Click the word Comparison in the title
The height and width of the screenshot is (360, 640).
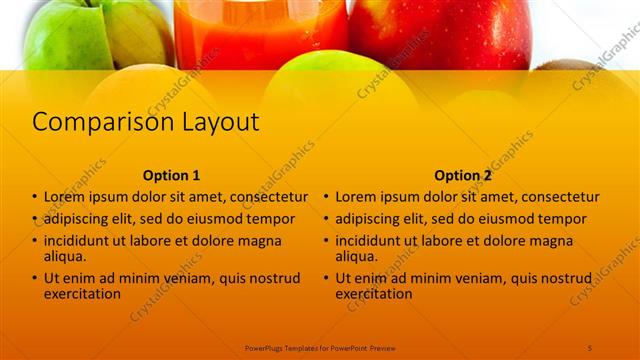pyautogui.click(x=88, y=123)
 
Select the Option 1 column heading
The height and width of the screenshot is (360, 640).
pyautogui.click(x=171, y=175)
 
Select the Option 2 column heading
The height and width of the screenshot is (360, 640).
pyautogui.click(x=462, y=175)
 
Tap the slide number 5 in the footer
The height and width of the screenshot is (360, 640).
pyautogui.click(x=590, y=347)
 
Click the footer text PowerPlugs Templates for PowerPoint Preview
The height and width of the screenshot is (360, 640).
pyautogui.click(x=320, y=347)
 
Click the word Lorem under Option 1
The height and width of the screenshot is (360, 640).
pyautogui.click(x=65, y=197)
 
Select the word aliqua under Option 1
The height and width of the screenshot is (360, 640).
pyautogui.click(x=64, y=256)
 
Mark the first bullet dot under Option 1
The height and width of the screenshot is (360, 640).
pyautogui.click(x=36, y=198)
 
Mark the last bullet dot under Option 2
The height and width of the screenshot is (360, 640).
pyautogui.click(x=327, y=279)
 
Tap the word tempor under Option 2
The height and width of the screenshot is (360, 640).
pyautogui.click(x=563, y=219)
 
